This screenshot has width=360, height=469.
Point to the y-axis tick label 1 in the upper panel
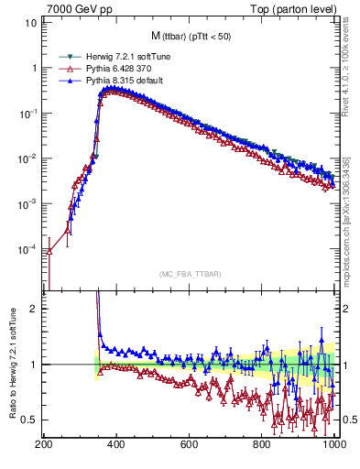pos(34,68)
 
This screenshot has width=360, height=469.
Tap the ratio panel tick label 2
pos(34,309)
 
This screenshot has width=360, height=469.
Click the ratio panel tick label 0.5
pos(29,420)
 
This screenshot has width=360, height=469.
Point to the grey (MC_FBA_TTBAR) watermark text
pos(191,275)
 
